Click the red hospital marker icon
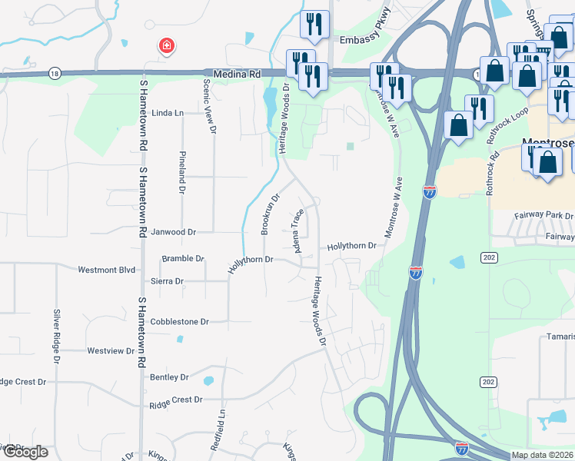click(x=165, y=48)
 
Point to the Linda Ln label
click(x=168, y=113)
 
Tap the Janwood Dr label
click(x=174, y=231)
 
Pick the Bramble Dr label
click(x=182, y=259)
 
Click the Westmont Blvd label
click(x=107, y=270)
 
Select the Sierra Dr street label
click(x=167, y=281)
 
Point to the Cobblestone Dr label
click(x=180, y=322)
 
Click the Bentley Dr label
click(x=170, y=377)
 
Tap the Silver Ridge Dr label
click(x=57, y=331)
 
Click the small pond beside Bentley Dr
click(x=208, y=380)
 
